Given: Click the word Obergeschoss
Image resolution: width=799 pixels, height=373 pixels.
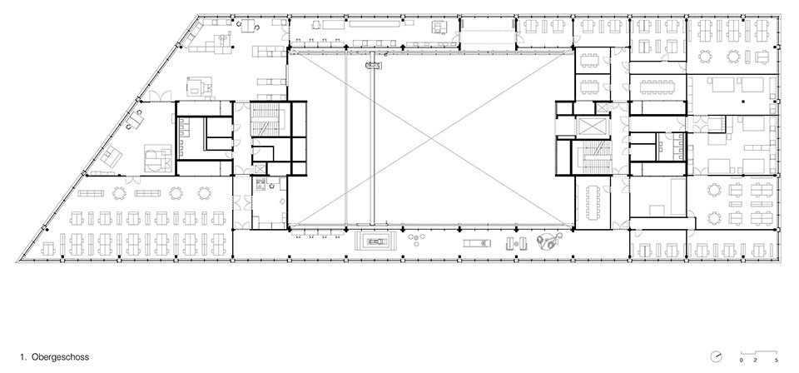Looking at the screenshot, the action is tap(60, 357).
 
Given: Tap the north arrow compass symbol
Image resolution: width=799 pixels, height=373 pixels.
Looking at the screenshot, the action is tap(716, 356).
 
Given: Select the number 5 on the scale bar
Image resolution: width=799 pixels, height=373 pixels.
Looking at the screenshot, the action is tap(777, 361).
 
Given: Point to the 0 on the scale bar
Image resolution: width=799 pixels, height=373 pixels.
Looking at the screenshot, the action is tap(742, 361).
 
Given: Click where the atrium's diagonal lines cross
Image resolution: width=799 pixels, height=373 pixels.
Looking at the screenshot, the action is tap(431, 138).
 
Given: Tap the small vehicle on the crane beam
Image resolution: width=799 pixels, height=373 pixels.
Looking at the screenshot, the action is tap(373, 65).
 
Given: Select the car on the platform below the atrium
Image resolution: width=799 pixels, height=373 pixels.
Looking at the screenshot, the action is tap(377, 241).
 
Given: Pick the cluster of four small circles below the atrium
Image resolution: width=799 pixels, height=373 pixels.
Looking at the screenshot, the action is tap(417, 239).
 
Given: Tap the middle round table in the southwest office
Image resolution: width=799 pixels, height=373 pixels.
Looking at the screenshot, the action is tap(176, 193).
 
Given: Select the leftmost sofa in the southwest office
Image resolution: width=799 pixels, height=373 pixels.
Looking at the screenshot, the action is tap(91, 193).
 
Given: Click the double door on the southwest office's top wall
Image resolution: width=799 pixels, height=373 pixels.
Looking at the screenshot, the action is tap(133, 179).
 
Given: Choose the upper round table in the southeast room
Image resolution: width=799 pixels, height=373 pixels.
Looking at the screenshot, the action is tap(714, 191).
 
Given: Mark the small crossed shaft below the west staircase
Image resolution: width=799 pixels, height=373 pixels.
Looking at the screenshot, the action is tap(260, 170).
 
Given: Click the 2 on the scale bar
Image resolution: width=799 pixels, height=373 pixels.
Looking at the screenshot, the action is tap(755, 361).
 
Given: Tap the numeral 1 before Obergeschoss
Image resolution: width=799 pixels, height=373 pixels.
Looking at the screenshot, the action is tap(23, 357).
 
